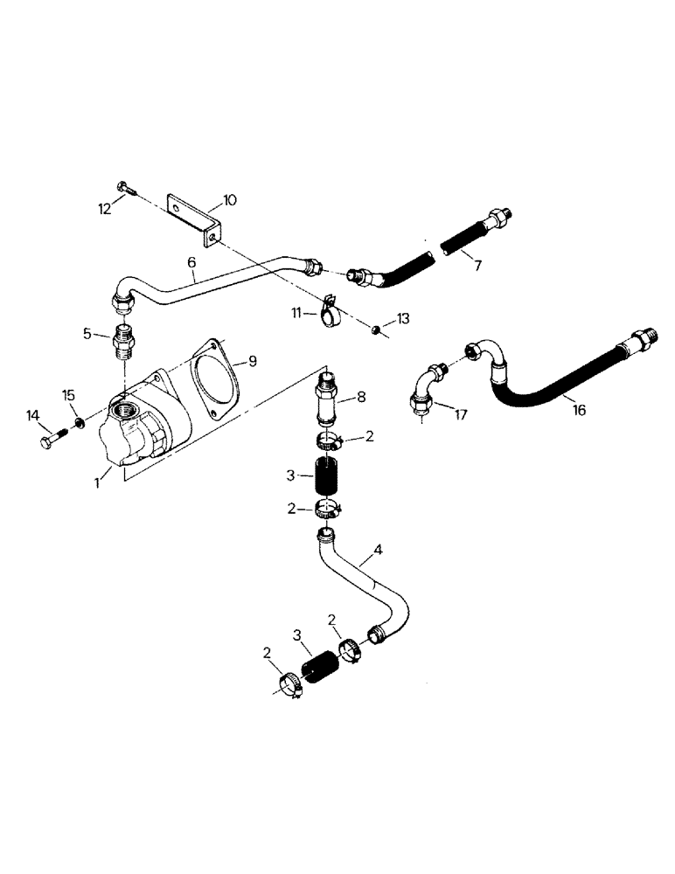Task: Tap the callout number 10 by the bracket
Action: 229,200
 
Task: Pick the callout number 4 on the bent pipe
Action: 378,551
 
